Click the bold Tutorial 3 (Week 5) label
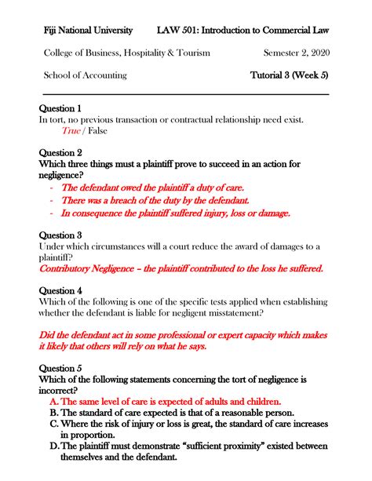coord(289,75)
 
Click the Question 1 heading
coord(60,108)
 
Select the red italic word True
coord(71,131)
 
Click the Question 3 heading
coord(60,235)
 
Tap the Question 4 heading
coord(60,290)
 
